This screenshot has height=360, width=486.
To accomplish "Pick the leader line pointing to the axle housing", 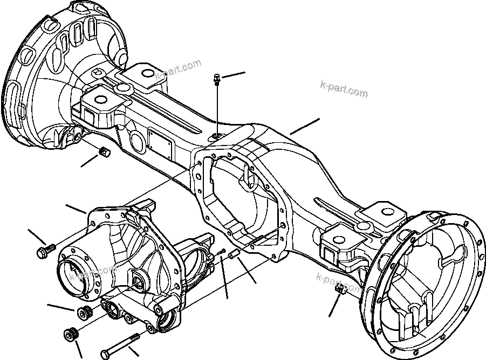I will (305, 126).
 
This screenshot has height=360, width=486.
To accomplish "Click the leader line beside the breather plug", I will (233, 75).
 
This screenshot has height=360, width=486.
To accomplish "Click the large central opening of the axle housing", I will (240, 199).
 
